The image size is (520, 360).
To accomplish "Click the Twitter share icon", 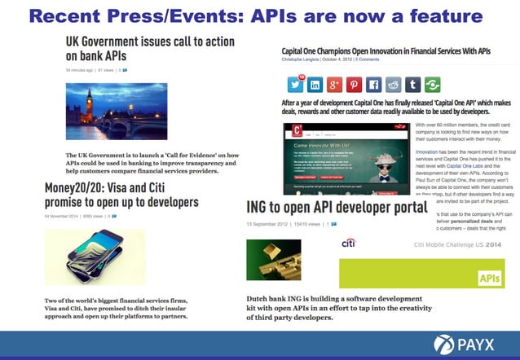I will pyautogui.click(x=294, y=85).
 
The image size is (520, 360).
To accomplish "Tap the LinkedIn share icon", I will pyautogui.click(x=314, y=85).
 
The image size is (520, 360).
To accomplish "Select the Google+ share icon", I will pyautogui.click(x=334, y=85).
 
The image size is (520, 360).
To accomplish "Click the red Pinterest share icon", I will pyautogui.click(x=354, y=85).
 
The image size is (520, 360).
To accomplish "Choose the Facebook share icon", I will pyautogui.click(x=373, y=85).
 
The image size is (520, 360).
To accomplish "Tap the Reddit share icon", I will pyautogui.click(x=393, y=85).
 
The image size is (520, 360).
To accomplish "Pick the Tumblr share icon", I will pyautogui.click(x=412, y=85).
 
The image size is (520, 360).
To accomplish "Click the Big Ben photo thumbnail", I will pyautogui.click(x=116, y=112).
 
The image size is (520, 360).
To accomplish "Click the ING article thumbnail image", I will pyautogui.click(x=273, y=260).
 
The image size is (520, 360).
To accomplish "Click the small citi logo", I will pyautogui.click(x=348, y=244).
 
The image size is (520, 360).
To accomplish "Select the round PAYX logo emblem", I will pyautogui.click(x=446, y=345).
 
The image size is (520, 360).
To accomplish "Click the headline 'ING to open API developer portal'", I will pyautogui.click(x=337, y=209).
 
